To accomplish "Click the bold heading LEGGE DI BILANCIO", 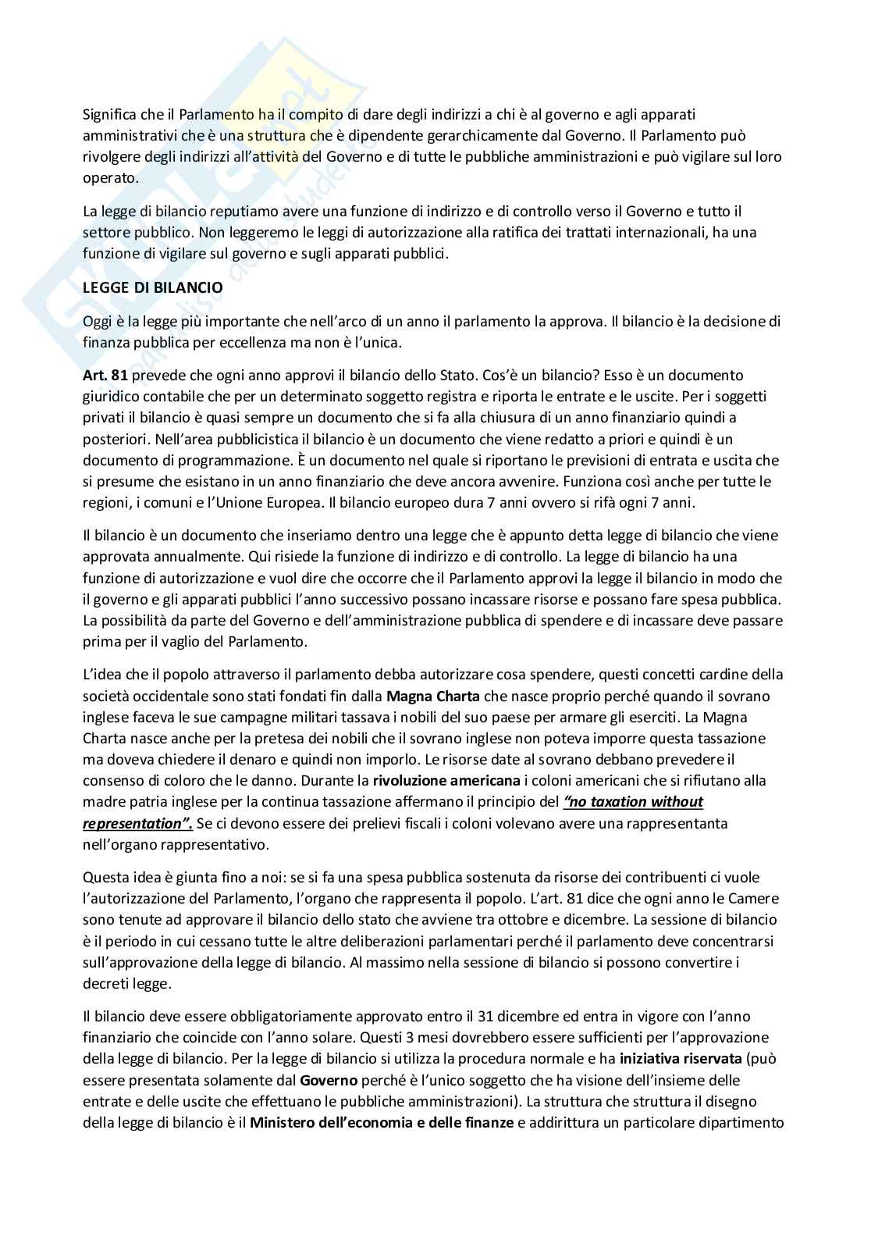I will pyautogui.click(x=153, y=287).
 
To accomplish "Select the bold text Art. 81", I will pyautogui.click(x=105, y=376).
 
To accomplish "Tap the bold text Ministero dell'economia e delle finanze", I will pyautogui.click(x=382, y=1122).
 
